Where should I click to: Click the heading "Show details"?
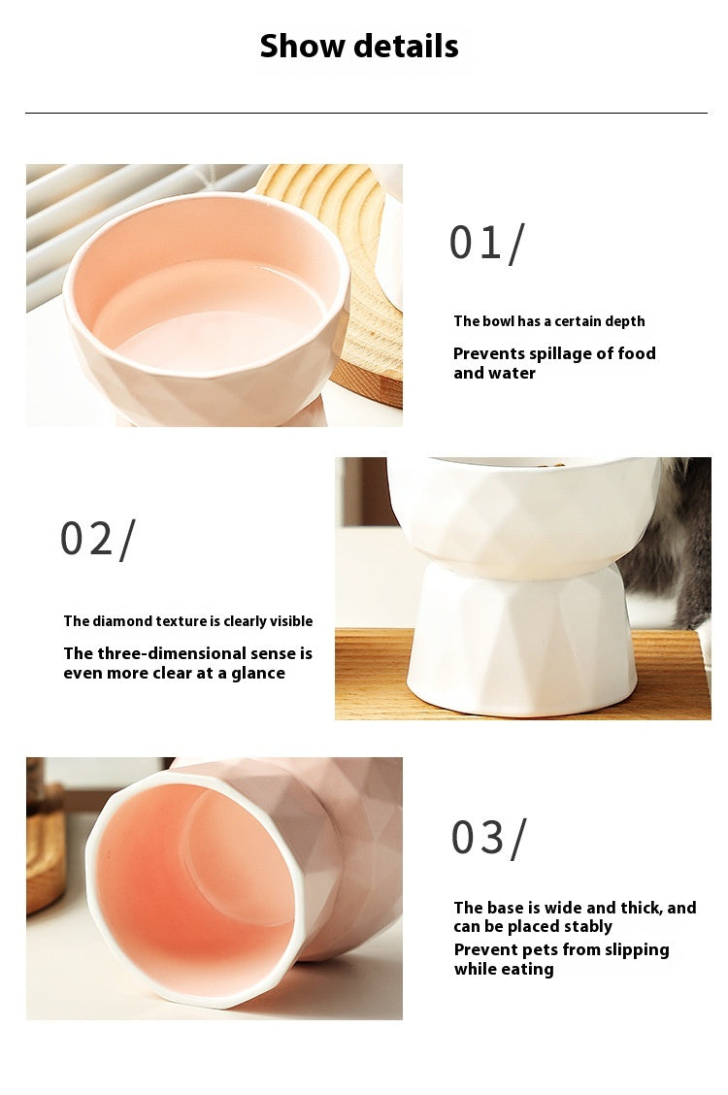(359, 46)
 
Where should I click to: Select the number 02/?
(97, 539)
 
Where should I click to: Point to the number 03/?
(488, 838)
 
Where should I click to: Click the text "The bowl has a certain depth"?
(548, 321)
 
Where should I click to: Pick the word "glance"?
(257, 673)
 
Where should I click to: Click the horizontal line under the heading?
(365, 114)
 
